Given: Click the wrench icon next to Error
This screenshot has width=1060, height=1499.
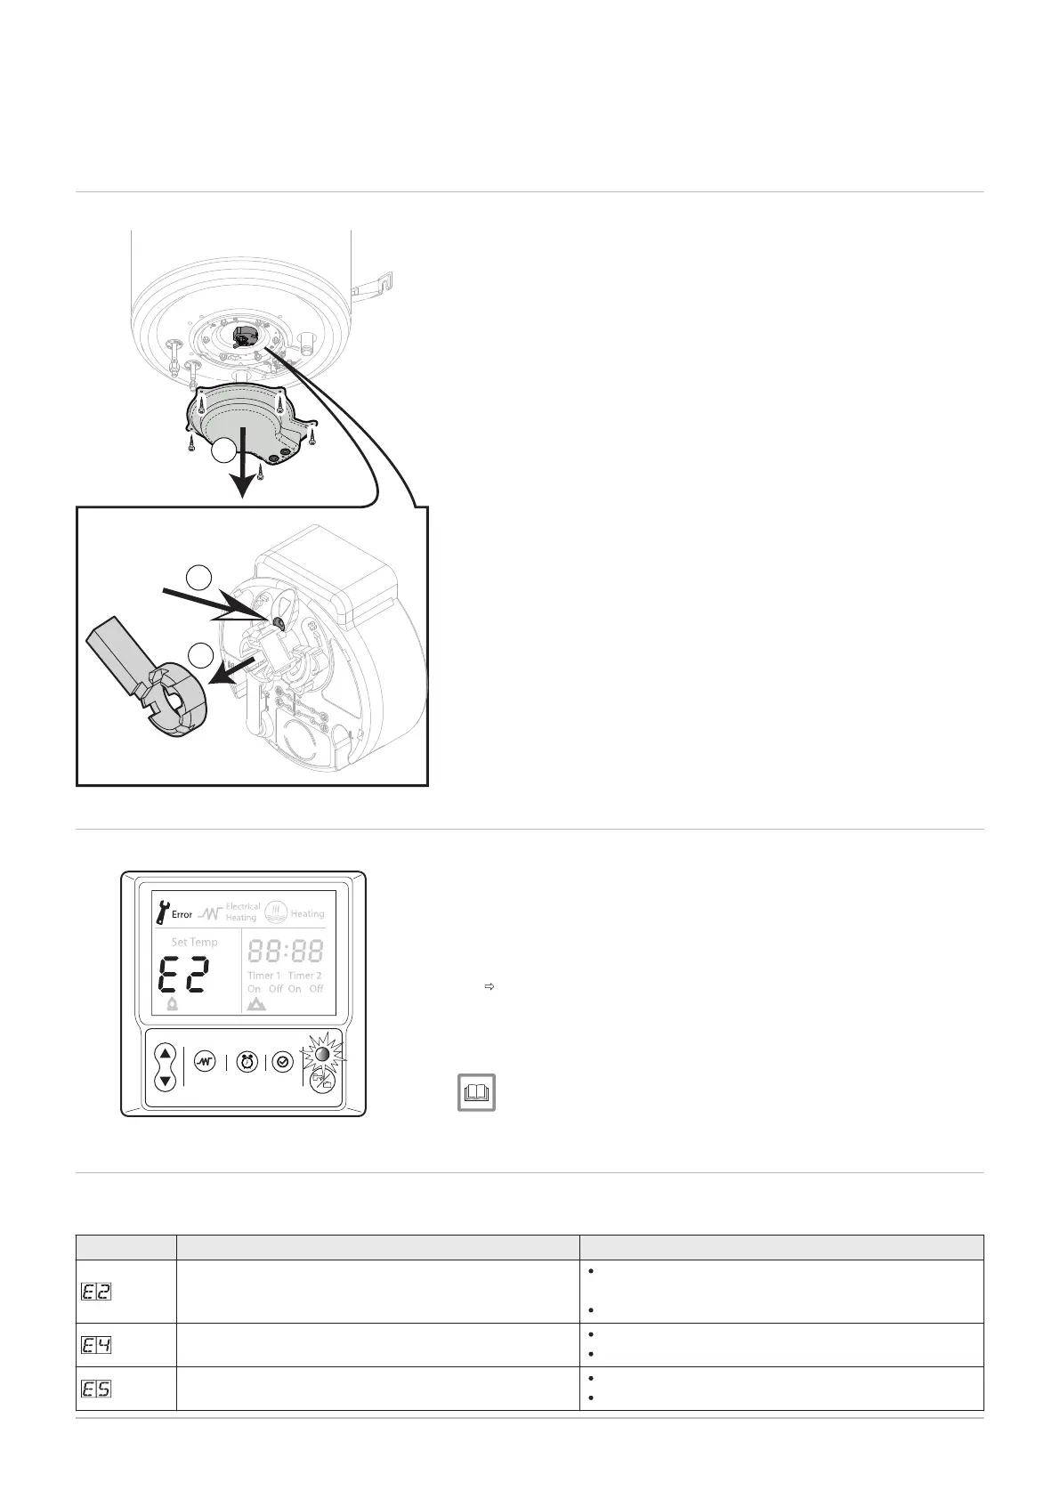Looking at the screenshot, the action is click(x=161, y=912).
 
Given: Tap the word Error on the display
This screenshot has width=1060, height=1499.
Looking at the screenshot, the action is click(x=182, y=914).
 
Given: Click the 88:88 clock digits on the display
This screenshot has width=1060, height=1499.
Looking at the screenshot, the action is click(x=285, y=951).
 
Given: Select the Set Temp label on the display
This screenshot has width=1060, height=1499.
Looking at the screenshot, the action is click(x=194, y=942).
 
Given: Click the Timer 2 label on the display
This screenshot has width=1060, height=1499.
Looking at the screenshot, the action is click(x=305, y=976).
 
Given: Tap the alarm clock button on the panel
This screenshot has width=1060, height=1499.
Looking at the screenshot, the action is click(x=247, y=1062).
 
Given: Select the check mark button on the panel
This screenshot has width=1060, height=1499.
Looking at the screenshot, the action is click(x=282, y=1062).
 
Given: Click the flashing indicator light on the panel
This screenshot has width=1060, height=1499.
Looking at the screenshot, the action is click(x=322, y=1055).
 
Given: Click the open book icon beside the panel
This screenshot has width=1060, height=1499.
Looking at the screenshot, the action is click(x=476, y=1091).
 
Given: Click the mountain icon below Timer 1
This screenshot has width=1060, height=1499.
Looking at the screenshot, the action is click(x=256, y=1004).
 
